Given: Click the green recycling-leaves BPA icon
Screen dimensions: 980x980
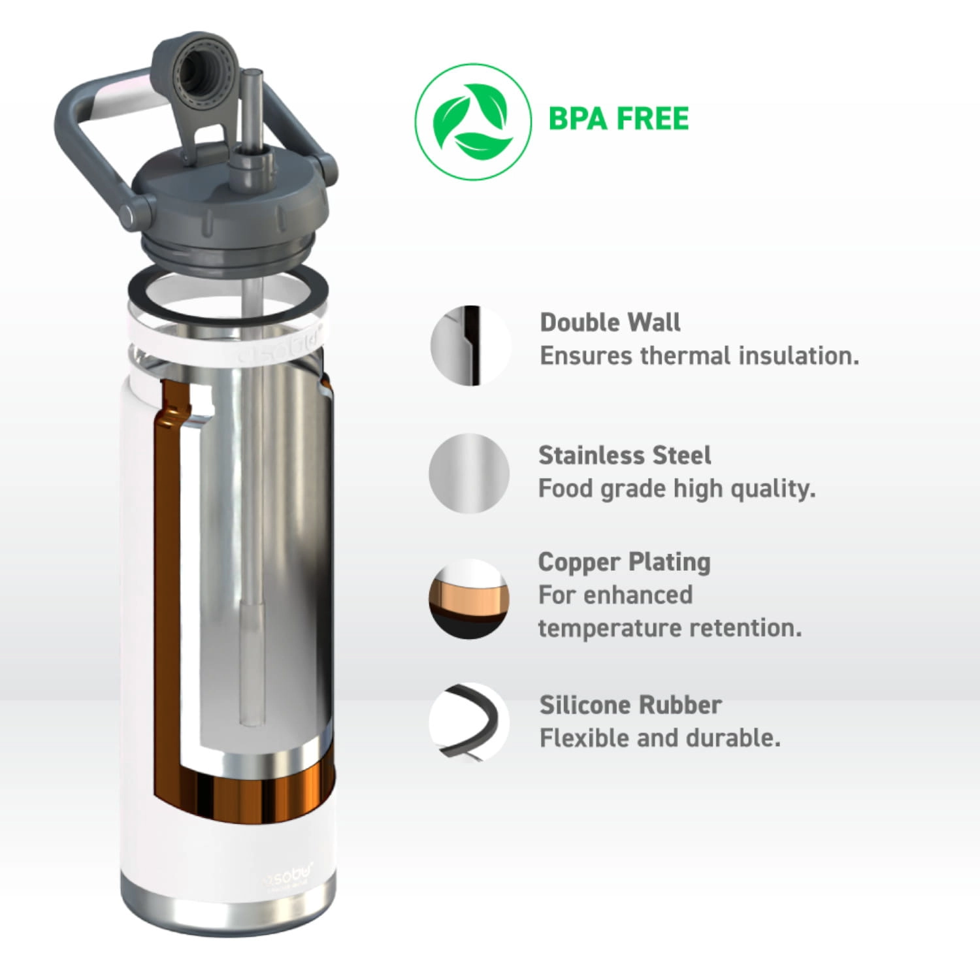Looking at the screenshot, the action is (473, 122).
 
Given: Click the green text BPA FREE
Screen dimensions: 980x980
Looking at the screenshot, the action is (618, 119).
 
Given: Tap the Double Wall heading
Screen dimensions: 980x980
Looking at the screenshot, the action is (610, 322).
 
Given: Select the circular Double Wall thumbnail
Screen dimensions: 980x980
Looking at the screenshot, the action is (470, 345).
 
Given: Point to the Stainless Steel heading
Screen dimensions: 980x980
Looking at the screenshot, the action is (625, 455).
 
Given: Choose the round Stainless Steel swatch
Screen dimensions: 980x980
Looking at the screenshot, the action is (469, 473).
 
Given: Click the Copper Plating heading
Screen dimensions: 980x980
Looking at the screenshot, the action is (624, 563).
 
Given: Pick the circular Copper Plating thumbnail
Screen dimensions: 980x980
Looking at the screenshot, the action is (469, 598).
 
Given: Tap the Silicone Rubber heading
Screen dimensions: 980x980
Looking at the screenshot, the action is (630, 705).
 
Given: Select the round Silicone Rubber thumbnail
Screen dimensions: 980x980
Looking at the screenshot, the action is (469, 723).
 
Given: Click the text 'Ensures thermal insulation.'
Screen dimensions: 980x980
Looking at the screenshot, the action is (699, 356).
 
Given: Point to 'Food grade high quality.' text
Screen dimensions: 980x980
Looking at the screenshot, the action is (677, 489).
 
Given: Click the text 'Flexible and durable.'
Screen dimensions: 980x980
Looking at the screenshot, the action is (660, 738).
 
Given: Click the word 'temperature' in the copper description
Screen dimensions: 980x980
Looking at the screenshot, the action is (610, 629).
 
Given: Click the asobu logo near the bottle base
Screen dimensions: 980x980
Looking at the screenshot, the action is (288, 874).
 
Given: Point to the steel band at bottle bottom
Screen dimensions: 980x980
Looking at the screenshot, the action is (227, 911).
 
